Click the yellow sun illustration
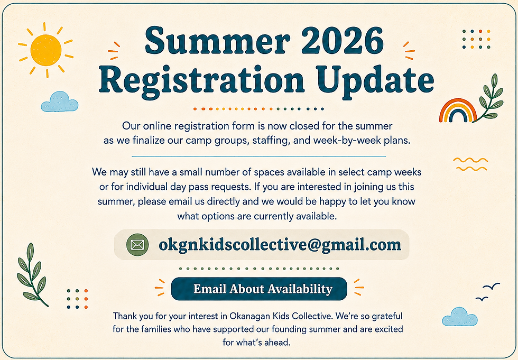[x=46, y=50]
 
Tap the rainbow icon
[x=458, y=110]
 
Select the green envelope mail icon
[x=137, y=245]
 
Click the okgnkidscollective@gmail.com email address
[x=280, y=245]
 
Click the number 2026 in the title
[x=342, y=41]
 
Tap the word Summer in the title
[x=217, y=41]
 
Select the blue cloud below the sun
[x=59, y=101]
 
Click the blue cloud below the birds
[x=459, y=317]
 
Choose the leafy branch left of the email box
[x=31, y=275]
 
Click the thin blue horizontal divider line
[x=258, y=156]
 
